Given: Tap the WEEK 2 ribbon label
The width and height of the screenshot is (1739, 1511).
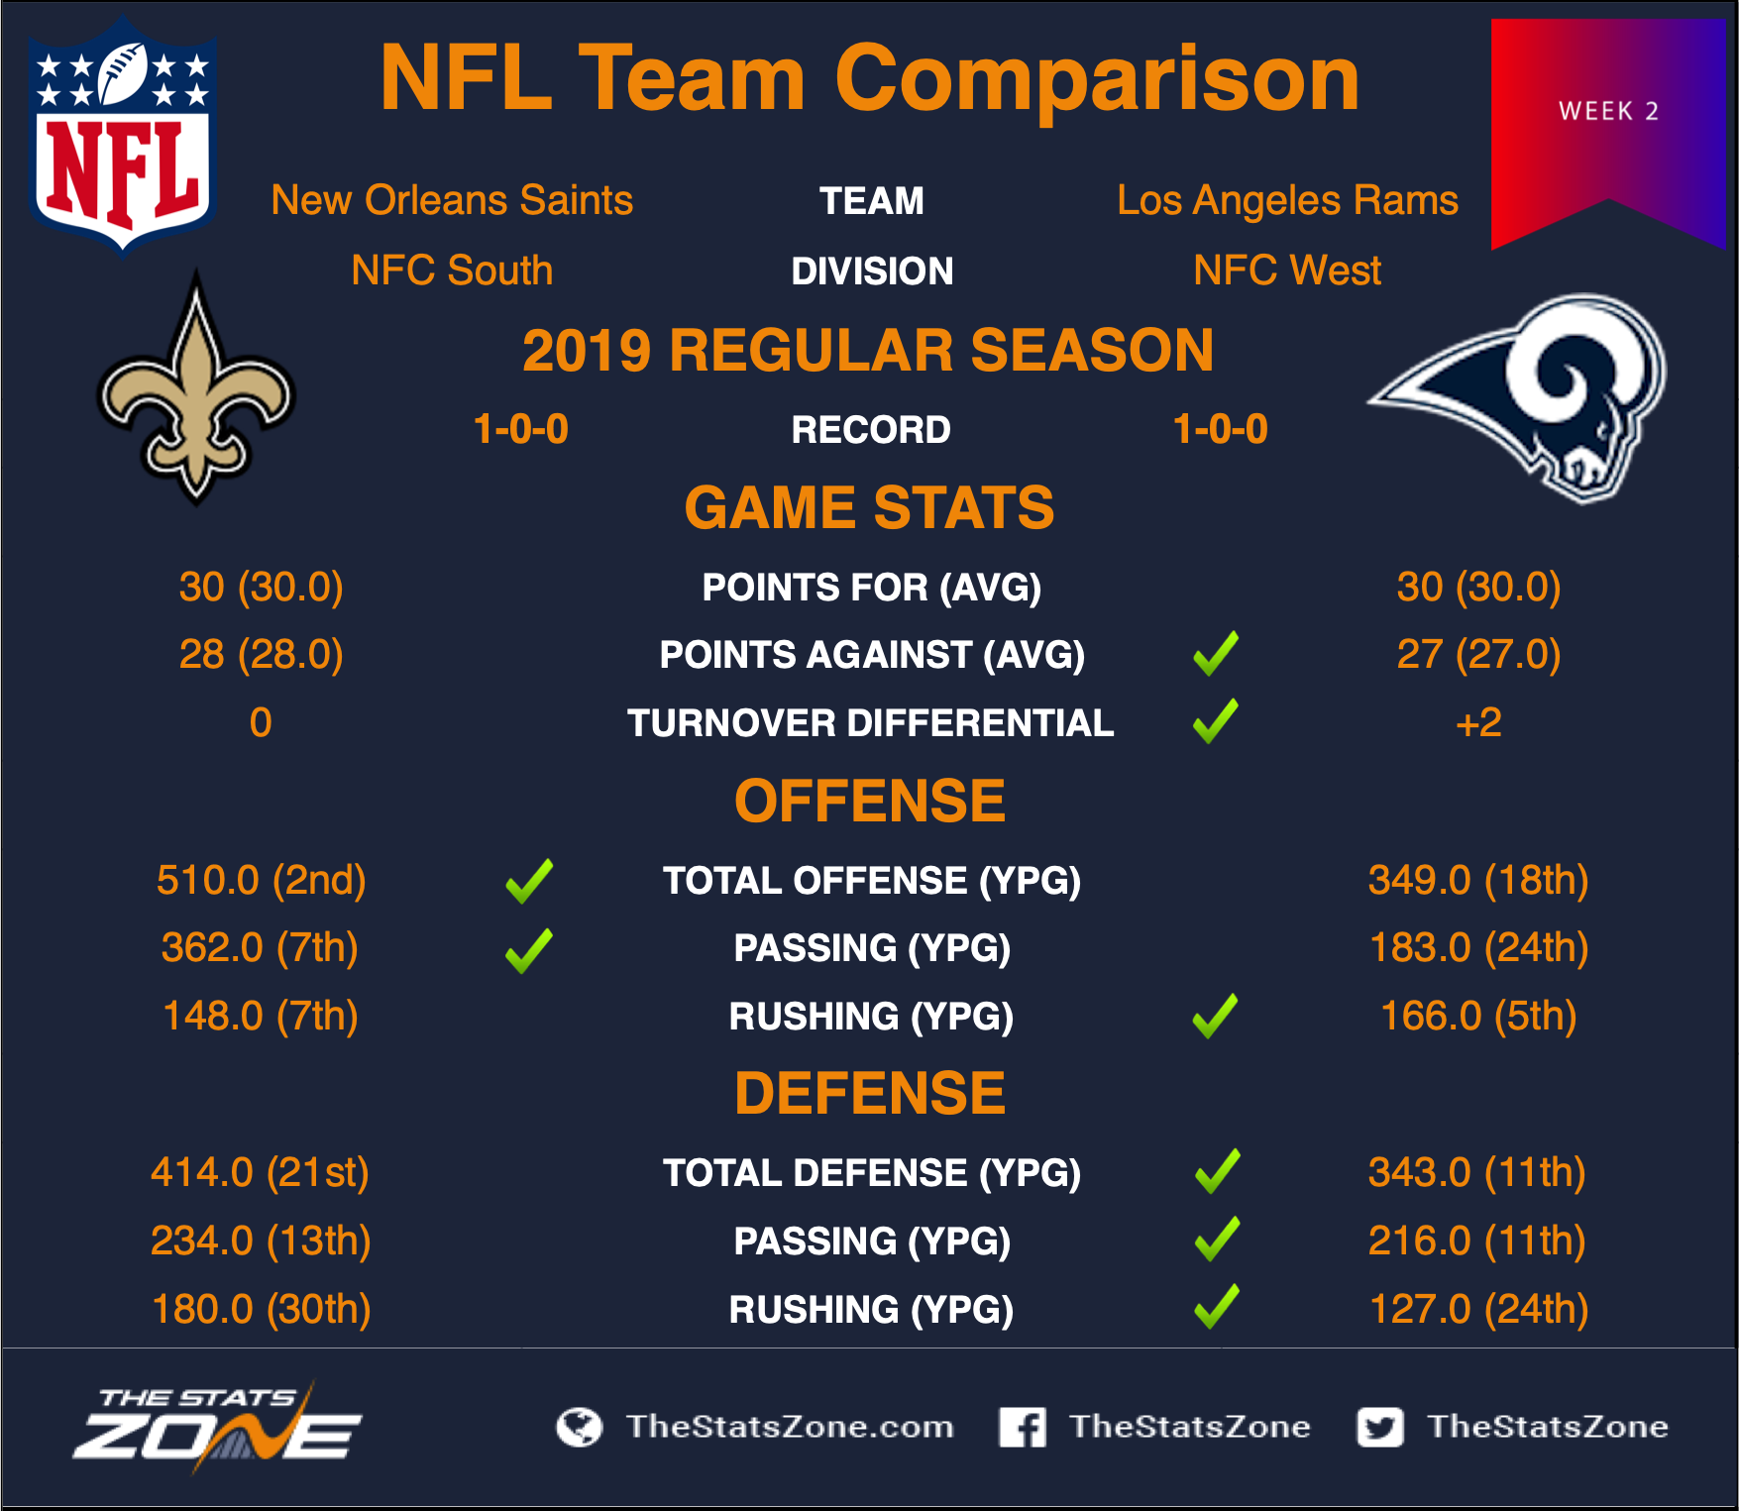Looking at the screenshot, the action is point(1608,111).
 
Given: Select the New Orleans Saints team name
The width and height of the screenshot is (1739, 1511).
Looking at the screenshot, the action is point(452,200).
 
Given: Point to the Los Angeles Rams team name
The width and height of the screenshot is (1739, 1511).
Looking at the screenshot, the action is point(1287,201).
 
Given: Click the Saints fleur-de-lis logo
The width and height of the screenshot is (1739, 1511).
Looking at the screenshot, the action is point(196,388).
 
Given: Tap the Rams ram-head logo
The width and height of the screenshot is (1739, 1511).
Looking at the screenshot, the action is point(1519,397).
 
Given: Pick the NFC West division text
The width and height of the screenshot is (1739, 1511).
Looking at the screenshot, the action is point(1287,270).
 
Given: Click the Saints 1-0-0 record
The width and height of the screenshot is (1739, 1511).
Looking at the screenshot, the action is point(521,429).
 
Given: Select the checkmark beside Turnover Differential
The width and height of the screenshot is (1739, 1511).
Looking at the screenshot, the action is point(1216,721).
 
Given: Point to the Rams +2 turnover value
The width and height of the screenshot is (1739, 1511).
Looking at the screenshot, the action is point(1478,722).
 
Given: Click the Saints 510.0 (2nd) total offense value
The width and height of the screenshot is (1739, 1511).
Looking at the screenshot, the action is point(262,880).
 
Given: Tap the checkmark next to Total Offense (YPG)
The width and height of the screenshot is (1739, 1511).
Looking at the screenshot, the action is point(529,881).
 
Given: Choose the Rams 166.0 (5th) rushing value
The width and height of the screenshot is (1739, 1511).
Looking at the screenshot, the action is point(1478,1016).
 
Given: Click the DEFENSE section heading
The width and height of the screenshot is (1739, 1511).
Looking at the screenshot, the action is point(870,1093).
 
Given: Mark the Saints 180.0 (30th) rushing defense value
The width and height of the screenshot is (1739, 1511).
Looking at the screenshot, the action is point(262,1309).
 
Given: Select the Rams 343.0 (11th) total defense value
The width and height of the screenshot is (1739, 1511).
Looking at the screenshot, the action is point(1477,1172).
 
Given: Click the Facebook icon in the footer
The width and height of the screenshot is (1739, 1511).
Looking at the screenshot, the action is point(1023,1427).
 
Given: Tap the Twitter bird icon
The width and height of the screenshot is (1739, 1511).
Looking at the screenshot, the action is point(1380,1427).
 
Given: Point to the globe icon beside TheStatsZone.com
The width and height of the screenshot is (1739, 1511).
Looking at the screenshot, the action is point(580,1427).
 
